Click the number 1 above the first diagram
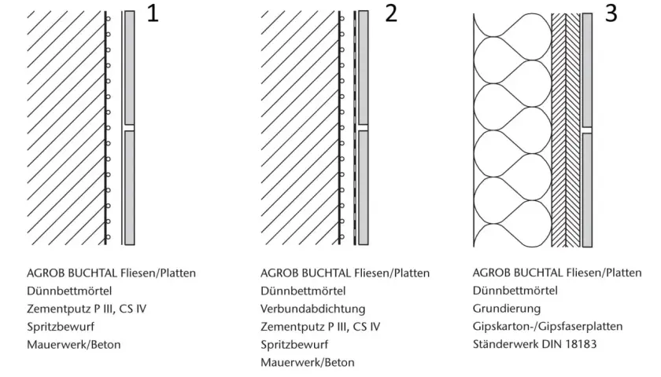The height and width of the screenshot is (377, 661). pyautogui.click(x=153, y=13)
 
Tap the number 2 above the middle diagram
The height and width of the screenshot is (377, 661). pyautogui.click(x=391, y=13)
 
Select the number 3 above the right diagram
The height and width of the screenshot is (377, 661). pyautogui.click(x=611, y=13)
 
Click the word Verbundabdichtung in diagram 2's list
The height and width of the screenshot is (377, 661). pyautogui.click(x=313, y=309)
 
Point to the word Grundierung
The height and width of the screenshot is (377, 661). pyautogui.click(x=507, y=309)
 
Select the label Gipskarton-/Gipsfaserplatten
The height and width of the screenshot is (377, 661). pyautogui.click(x=548, y=327)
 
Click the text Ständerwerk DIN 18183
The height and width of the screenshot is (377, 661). pyautogui.click(x=534, y=344)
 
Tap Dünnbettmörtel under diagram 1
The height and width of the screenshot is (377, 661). pyautogui.click(x=69, y=291)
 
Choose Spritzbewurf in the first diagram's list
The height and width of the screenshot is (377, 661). pyautogui.click(x=61, y=327)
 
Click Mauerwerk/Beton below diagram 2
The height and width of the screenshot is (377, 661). pyautogui.click(x=308, y=362)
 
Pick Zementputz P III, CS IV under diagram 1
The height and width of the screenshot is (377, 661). pyautogui.click(x=87, y=309)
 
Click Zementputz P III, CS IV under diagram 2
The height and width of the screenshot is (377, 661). pyautogui.click(x=320, y=327)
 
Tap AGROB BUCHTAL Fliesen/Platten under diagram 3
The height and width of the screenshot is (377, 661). pyautogui.click(x=557, y=273)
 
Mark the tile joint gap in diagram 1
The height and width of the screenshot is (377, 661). pyautogui.click(x=129, y=127)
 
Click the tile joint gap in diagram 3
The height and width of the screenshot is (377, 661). pyautogui.click(x=587, y=130)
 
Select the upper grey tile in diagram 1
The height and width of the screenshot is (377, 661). pyautogui.click(x=129, y=68)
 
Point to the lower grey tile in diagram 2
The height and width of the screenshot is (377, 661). pyautogui.click(x=363, y=188)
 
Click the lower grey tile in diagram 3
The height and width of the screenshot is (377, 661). pyautogui.click(x=587, y=190)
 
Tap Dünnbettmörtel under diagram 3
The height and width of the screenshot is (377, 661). pyautogui.click(x=515, y=291)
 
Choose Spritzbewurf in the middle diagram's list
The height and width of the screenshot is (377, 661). pyautogui.click(x=294, y=345)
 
